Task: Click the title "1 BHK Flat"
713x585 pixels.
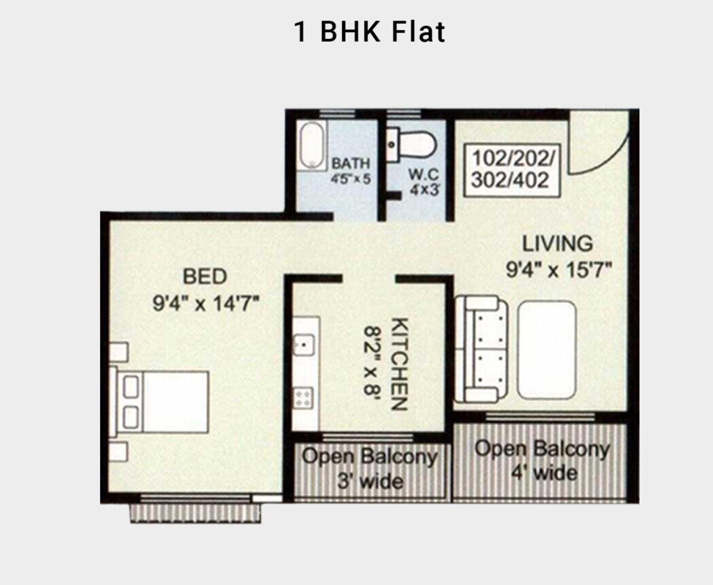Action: pyautogui.click(x=369, y=32)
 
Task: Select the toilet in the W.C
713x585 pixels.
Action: pyautogui.click(x=413, y=144)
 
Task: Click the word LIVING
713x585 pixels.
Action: pyautogui.click(x=557, y=243)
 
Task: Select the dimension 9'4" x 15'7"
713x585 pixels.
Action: pyautogui.click(x=558, y=270)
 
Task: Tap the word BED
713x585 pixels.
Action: pyautogui.click(x=204, y=276)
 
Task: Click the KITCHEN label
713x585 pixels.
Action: pyautogui.click(x=400, y=364)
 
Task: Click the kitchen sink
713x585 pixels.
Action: pyautogui.click(x=304, y=345)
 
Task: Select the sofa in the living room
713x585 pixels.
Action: pyautogui.click(x=480, y=349)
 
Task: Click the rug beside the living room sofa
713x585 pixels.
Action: pyautogui.click(x=546, y=349)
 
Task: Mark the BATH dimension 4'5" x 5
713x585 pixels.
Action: pyautogui.click(x=350, y=180)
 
